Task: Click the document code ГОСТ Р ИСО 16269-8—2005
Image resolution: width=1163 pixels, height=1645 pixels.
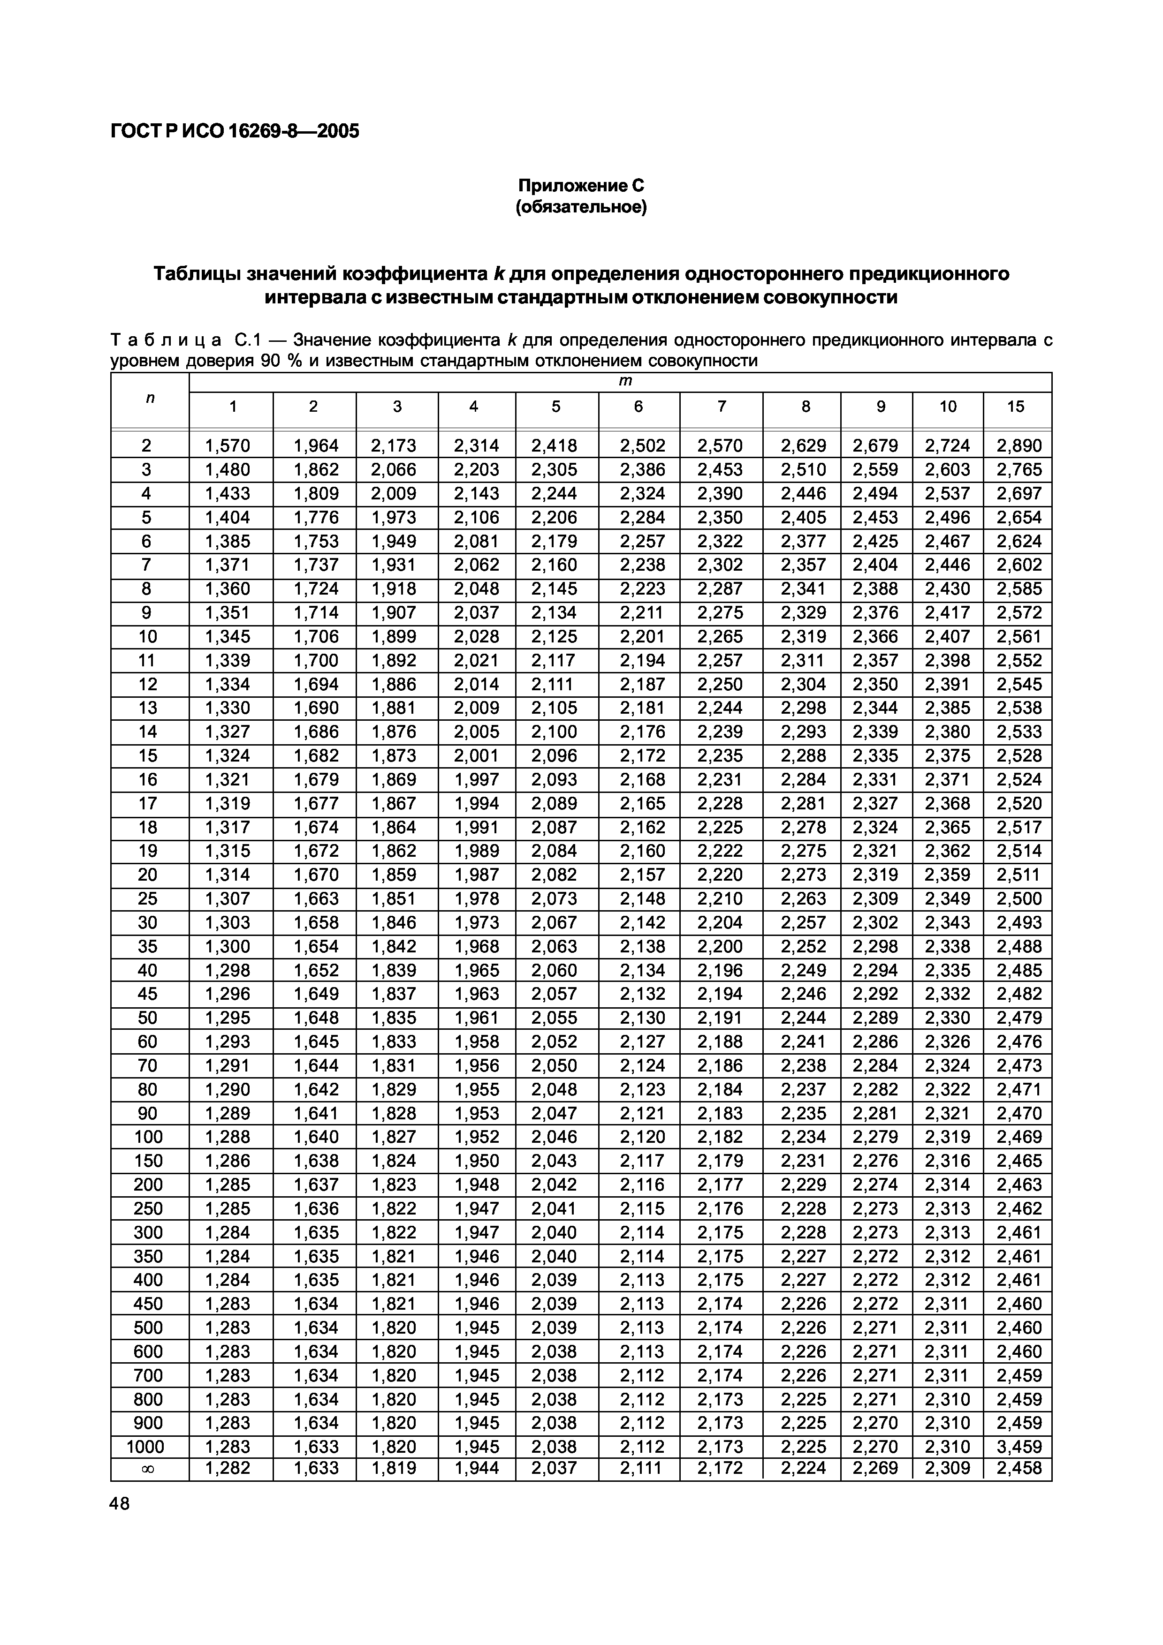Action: (x=234, y=131)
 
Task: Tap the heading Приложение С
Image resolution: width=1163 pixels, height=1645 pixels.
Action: (x=581, y=186)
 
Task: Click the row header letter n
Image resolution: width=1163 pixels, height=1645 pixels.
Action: (x=149, y=398)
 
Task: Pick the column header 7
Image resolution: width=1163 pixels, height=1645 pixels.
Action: (x=721, y=406)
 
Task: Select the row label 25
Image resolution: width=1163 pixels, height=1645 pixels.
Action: (x=148, y=898)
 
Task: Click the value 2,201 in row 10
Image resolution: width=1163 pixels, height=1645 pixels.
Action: (x=642, y=636)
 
